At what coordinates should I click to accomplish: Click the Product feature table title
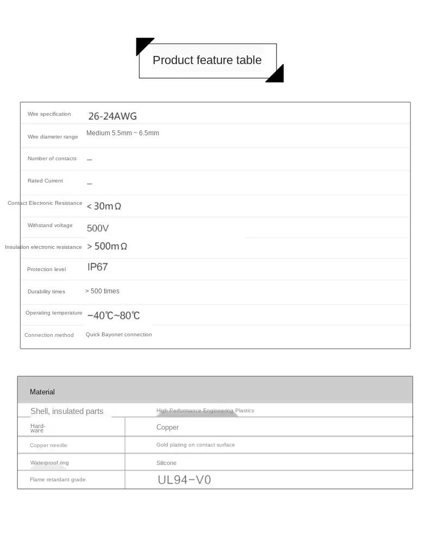click(207, 60)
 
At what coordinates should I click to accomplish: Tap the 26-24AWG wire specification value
click(112, 116)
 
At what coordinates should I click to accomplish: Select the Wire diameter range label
click(53, 137)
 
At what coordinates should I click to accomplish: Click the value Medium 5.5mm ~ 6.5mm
click(123, 133)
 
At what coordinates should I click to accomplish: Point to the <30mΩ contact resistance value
click(104, 206)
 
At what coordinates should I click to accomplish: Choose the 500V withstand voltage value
click(98, 228)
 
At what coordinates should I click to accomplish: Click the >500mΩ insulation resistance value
click(107, 246)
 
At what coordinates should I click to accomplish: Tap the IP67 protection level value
click(98, 267)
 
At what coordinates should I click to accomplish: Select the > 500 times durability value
click(102, 291)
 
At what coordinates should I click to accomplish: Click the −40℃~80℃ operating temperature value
click(113, 315)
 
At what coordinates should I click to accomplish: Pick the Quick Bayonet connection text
click(118, 335)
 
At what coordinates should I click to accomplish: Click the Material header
click(42, 392)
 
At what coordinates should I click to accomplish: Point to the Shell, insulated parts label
click(67, 411)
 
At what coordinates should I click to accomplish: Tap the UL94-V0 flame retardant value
click(184, 480)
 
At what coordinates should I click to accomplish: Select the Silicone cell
click(166, 463)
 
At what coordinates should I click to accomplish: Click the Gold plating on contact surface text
click(195, 445)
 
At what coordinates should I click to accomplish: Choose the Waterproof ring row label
click(49, 463)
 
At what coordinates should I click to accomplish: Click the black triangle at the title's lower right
click(276, 75)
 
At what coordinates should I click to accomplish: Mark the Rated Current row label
click(45, 181)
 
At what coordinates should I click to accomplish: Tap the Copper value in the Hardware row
click(167, 428)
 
